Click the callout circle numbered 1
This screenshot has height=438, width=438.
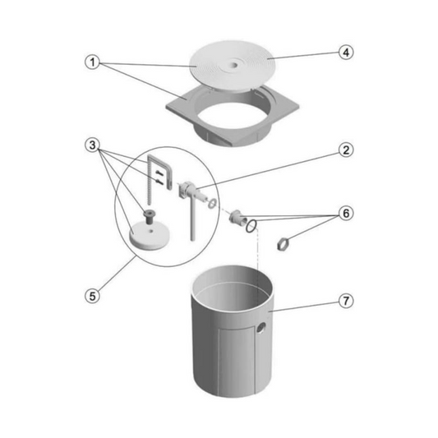click(93, 62)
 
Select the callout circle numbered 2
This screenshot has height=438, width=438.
click(346, 150)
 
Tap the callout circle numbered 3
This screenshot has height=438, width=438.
click(93, 145)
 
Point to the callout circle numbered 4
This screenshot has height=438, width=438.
click(346, 53)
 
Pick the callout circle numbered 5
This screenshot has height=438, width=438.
click(93, 296)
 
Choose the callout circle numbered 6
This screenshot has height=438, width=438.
click(346, 214)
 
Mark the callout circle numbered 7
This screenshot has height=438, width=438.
click(346, 301)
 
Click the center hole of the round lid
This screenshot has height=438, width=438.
click(234, 65)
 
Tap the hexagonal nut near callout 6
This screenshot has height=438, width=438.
click(282, 243)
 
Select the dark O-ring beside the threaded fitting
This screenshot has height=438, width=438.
click(251, 226)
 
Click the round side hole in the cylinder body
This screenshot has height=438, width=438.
click(261, 328)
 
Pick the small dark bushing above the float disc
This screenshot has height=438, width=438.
click(148, 216)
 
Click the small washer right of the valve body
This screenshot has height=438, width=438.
click(212, 203)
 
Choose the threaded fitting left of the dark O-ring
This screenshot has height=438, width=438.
click(237, 216)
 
